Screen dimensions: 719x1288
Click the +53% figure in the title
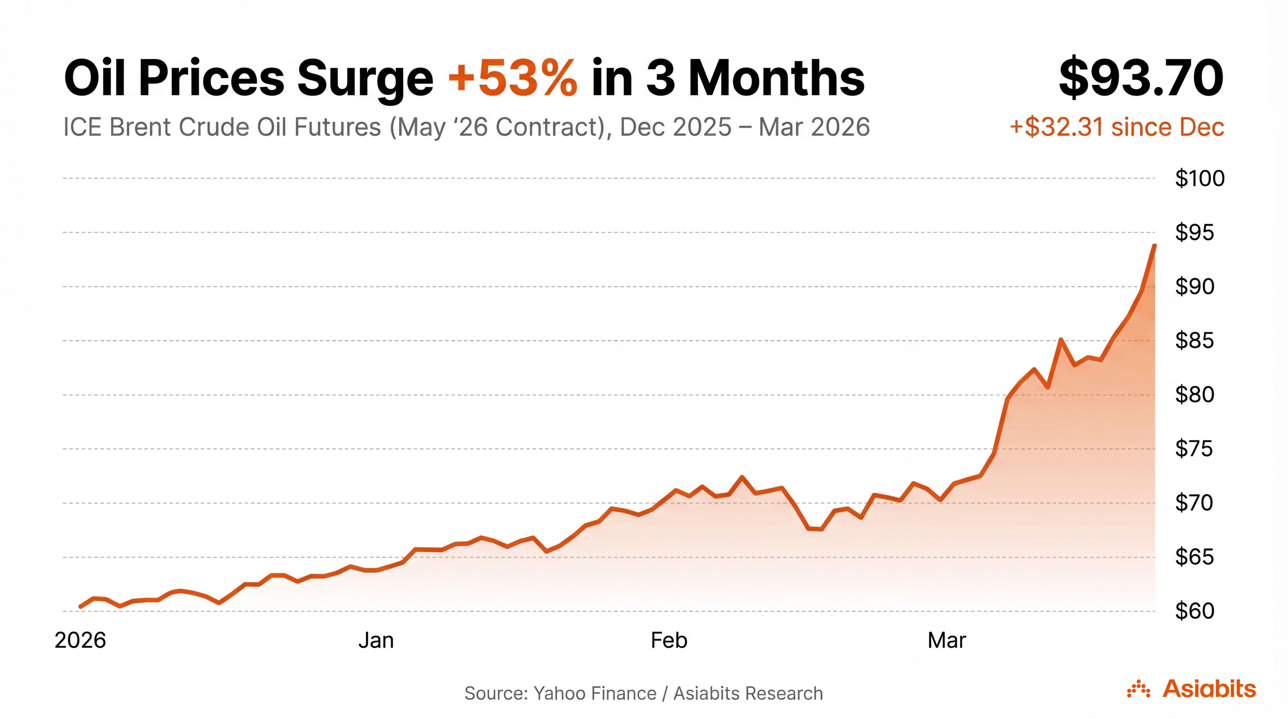[512, 78]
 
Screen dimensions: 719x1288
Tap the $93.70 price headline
[1141, 78]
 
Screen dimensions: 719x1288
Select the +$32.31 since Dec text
[1116, 127]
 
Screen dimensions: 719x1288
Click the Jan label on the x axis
[376, 641]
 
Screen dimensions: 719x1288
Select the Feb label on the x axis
[669, 641]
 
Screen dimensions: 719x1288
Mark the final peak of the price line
[1154, 246]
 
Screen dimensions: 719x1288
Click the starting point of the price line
[80, 606]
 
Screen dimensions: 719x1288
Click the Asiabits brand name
[1209, 689]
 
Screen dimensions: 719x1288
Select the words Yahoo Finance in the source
[595, 693]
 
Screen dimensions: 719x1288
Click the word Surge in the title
[365, 78]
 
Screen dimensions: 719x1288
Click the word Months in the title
[776, 78]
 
